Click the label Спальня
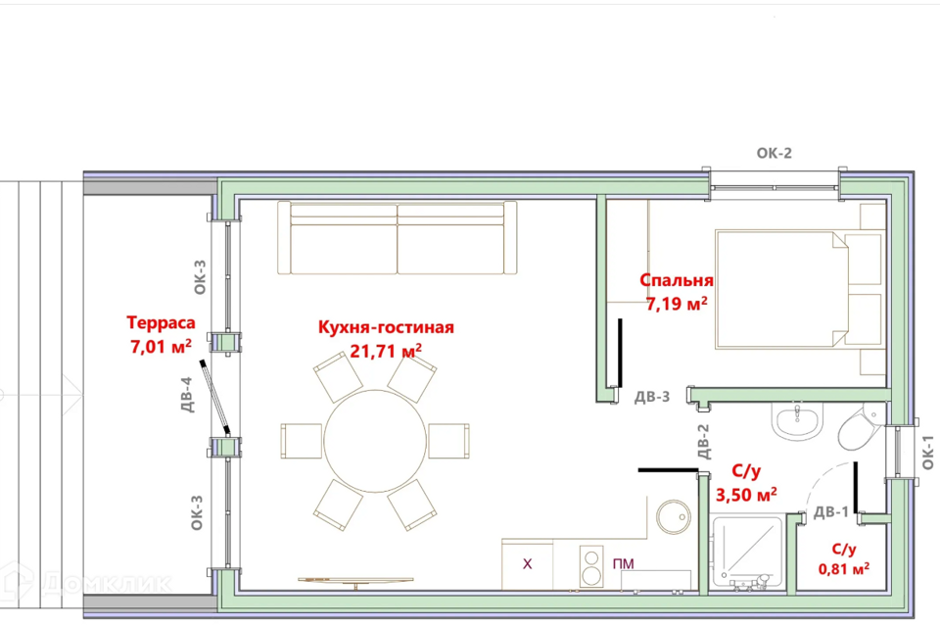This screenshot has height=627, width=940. click(x=677, y=280)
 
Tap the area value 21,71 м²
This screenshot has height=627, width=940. click(x=386, y=351)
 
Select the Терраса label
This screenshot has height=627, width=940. click(x=161, y=322)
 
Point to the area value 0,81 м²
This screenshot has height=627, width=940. click(x=843, y=567)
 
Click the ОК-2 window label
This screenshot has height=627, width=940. click(x=774, y=153)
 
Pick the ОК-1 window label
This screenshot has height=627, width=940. click(x=927, y=453)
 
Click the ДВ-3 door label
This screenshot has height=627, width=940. click(x=652, y=397)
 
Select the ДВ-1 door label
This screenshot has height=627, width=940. click(x=831, y=511)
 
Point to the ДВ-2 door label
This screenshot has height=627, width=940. click(x=703, y=442)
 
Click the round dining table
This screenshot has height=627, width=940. click(x=375, y=441)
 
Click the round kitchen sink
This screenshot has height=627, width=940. click(x=674, y=517)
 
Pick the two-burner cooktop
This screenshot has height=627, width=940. click(x=591, y=566)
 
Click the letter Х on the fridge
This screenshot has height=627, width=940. click(x=527, y=564)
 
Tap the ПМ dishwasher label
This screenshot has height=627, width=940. click(x=624, y=564)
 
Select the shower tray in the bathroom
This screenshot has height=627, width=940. click(x=747, y=551)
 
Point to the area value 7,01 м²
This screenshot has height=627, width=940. click(x=161, y=346)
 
